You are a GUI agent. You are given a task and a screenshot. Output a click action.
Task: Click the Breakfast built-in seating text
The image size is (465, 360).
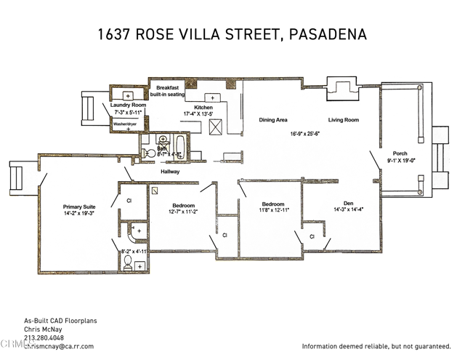(167, 91)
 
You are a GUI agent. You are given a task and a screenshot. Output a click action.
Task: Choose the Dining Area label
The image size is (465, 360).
(272, 120)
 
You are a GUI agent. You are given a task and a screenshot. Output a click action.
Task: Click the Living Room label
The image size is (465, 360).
(344, 120)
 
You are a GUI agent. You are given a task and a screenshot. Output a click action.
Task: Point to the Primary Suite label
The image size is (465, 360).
(79, 207)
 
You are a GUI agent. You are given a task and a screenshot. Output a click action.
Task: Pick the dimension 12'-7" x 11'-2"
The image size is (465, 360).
(184, 212)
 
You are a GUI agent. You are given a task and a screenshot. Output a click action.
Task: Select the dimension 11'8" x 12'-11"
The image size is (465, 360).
(272, 209)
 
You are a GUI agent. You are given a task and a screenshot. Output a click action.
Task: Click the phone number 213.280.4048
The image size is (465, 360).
(44, 338)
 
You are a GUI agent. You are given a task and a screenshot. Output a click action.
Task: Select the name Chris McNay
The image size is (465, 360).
(40, 329)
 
